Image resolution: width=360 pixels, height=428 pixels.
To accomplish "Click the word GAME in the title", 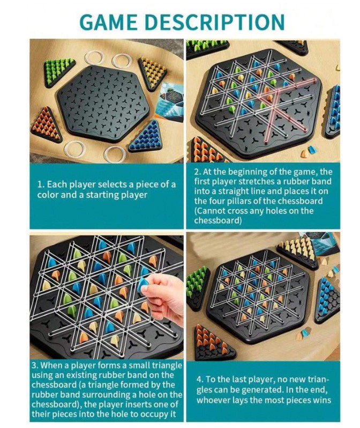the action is point(109,22).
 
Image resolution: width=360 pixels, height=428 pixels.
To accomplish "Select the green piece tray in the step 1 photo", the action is point(59,72).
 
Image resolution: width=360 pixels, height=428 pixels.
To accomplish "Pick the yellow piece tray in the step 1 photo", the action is point(152,73).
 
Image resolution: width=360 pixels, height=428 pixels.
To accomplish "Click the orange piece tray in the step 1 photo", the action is point(47,125).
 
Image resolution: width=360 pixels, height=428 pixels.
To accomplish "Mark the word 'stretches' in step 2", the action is point(254,181).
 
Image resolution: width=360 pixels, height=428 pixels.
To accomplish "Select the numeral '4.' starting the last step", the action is point(200,380).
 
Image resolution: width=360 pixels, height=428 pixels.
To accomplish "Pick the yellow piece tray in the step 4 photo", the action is point(297,253).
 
